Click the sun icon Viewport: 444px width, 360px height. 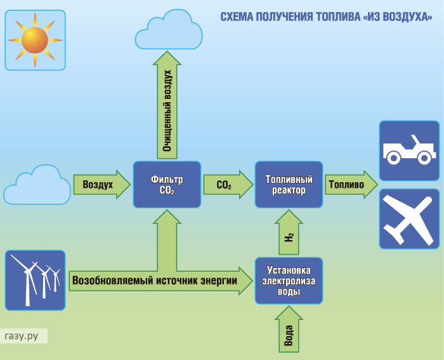35,40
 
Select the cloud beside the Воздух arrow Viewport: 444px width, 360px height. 37,185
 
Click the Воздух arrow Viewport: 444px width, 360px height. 102,185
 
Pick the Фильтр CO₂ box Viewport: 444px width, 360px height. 167,185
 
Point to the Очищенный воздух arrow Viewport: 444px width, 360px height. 167,105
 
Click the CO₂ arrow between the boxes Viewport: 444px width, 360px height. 228,185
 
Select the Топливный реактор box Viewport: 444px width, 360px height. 289,185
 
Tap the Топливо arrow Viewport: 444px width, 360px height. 351,185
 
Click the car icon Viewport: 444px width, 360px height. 409,150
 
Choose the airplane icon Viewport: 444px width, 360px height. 409,219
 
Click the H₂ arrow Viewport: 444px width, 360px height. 289,232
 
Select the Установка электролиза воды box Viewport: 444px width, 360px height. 289,281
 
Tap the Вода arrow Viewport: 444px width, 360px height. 289,329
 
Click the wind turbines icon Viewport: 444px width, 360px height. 35,280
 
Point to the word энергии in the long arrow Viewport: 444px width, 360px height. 219,281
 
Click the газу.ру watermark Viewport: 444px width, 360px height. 22,336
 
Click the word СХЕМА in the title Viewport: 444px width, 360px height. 237,17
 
